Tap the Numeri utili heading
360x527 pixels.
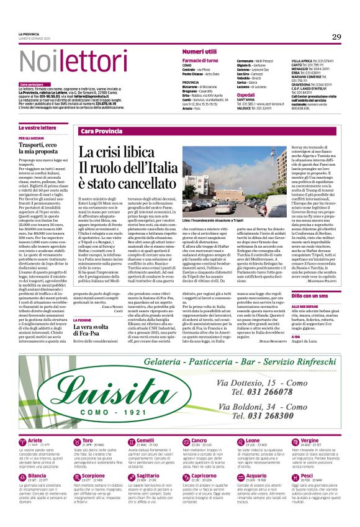(199, 51)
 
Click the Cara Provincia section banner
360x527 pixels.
(102, 132)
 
